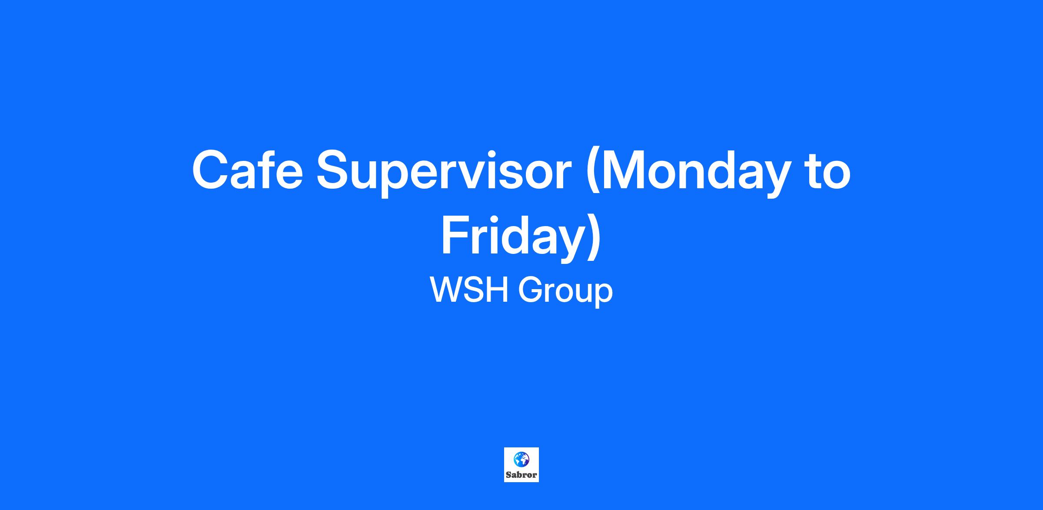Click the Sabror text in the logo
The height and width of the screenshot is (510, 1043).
coord(521,475)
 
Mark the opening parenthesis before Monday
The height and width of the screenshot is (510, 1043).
coord(593,173)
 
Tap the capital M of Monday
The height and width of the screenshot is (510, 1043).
coord(624,170)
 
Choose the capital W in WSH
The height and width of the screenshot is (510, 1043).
coord(447,290)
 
